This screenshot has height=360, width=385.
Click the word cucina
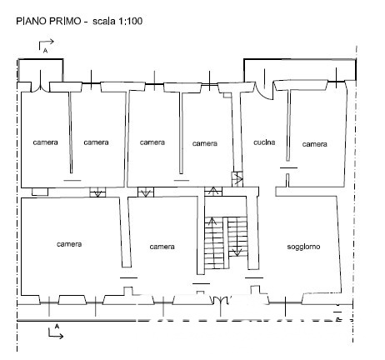(264, 142)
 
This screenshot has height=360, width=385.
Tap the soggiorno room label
(303, 247)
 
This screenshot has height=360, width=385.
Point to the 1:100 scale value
(130, 21)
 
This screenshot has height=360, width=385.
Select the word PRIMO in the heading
(65, 21)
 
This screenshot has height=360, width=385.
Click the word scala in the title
(104, 21)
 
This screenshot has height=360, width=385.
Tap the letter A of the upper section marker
(45, 51)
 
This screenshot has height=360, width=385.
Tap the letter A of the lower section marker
(57, 326)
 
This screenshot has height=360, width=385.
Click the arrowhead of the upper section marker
(52, 42)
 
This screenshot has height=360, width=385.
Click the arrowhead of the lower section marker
(61, 336)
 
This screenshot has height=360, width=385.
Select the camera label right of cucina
(314, 144)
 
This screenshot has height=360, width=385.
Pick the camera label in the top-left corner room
(45, 142)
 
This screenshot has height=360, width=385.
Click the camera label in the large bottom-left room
(69, 244)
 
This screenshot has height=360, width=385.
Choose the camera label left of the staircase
(162, 247)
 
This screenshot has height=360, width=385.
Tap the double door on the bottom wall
(221, 299)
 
